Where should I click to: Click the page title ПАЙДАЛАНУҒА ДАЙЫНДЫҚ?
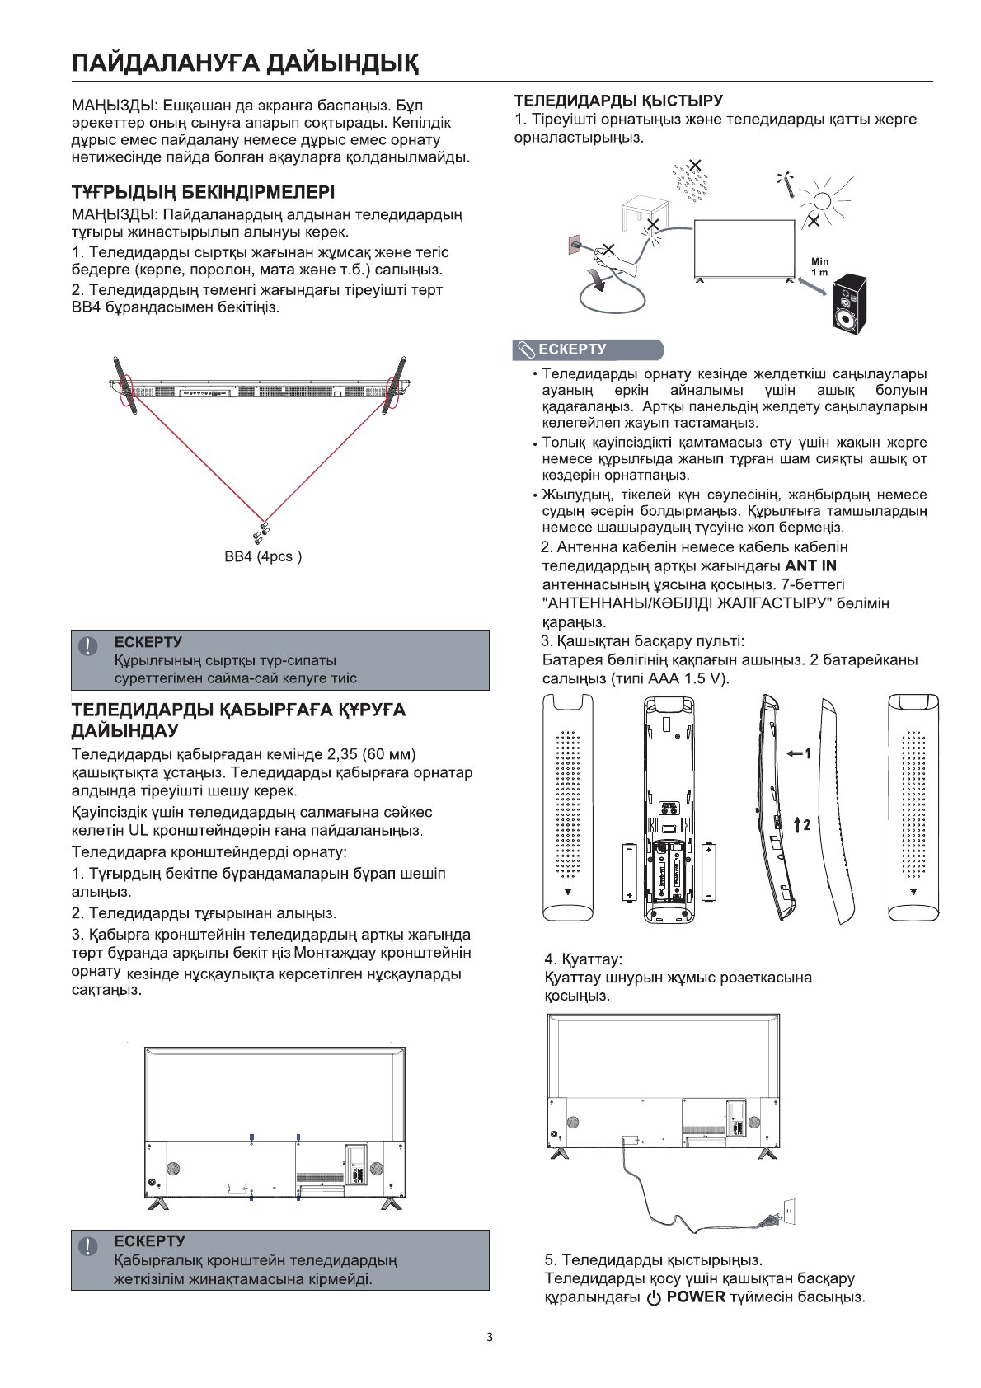click(x=245, y=63)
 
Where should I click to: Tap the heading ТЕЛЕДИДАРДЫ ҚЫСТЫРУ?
click(x=618, y=101)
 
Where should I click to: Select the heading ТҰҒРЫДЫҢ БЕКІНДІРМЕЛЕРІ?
click(x=203, y=194)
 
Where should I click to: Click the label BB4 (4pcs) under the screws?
click(x=263, y=557)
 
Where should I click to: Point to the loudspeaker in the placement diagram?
click(x=849, y=306)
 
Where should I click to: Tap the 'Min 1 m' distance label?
click(x=819, y=266)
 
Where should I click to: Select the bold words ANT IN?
click(x=810, y=566)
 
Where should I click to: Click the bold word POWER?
click(x=696, y=1297)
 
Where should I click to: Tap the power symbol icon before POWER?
click(x=654, y=1298)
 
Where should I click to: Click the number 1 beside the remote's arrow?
click(x=808, y=753)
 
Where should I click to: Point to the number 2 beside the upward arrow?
click(x=807, y=824)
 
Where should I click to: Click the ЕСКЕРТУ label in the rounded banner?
click(x=572, y=349)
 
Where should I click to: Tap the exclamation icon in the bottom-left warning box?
click(x=87, y=1245)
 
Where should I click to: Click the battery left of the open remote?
click(x=630, y=871)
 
